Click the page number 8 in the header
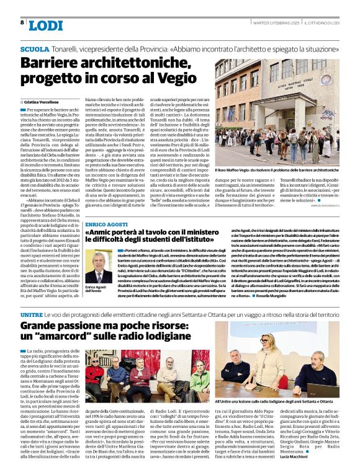22,23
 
